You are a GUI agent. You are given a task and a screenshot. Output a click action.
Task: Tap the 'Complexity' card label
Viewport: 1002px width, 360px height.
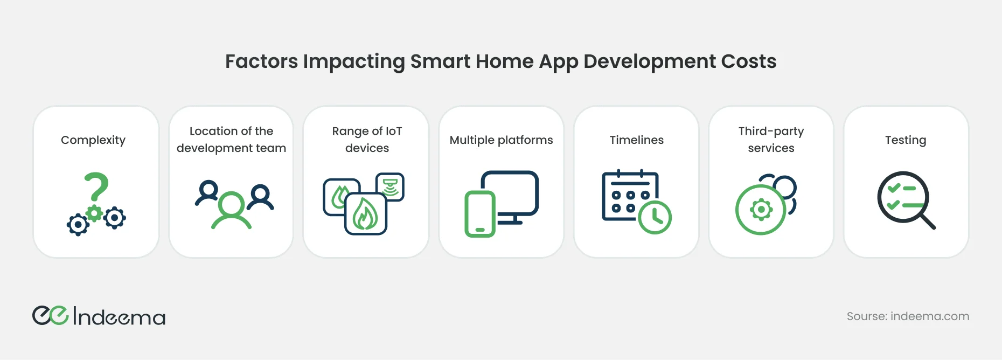93,140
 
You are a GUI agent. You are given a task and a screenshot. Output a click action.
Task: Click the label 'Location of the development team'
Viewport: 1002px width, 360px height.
231,140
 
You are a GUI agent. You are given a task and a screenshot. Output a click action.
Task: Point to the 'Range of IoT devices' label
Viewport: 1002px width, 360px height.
367,140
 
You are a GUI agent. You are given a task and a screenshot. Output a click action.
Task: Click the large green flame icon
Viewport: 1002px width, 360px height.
365,214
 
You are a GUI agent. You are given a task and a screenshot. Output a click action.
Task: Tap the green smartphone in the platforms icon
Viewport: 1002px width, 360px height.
480,214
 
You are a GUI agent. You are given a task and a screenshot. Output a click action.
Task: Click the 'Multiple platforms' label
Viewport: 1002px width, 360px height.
502,140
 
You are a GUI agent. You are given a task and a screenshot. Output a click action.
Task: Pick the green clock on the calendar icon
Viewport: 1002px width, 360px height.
655,218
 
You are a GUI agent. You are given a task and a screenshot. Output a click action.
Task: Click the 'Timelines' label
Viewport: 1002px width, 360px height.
637,140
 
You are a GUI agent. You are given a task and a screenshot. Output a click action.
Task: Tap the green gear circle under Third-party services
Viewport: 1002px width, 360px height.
761,210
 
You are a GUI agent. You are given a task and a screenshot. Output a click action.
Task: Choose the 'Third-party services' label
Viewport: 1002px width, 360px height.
771,140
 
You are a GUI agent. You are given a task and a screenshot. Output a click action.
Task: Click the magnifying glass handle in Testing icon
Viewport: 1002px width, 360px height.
928,221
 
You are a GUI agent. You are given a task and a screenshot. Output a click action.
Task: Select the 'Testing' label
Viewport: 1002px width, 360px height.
906,140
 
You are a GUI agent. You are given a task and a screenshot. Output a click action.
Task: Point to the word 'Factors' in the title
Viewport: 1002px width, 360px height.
261,61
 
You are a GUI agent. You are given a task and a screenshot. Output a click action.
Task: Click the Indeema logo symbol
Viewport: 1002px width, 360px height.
51,315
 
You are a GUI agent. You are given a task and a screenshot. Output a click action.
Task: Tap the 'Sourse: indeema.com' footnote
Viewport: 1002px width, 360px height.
908,316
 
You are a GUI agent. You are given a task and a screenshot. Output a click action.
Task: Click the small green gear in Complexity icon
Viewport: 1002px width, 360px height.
95,213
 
